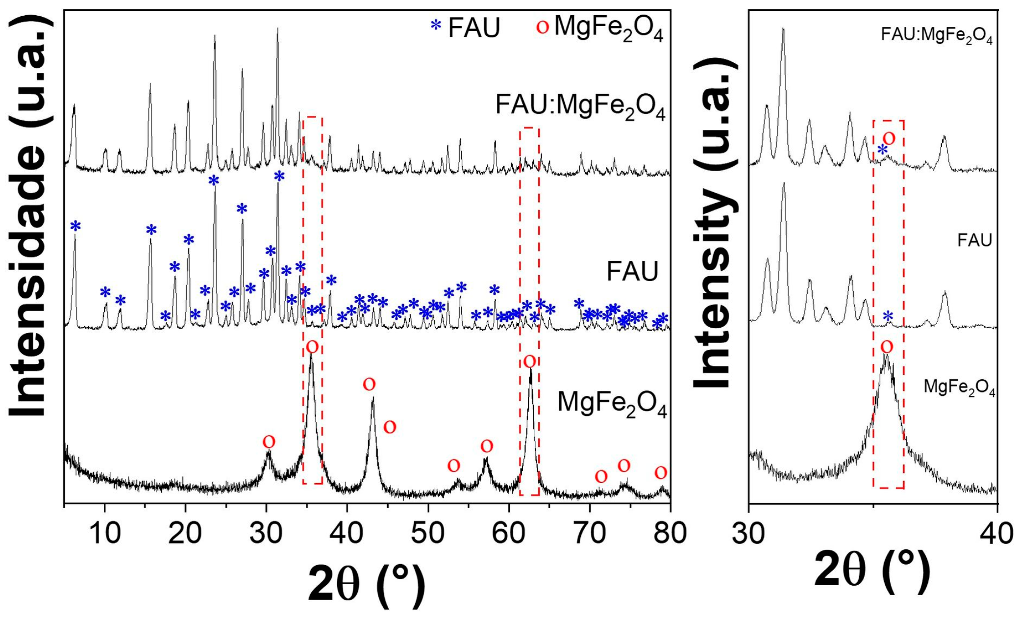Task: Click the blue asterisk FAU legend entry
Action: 466,27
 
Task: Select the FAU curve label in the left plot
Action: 632,271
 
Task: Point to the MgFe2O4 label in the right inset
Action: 959,387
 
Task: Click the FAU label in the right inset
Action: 974,240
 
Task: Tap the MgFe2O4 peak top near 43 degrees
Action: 373,399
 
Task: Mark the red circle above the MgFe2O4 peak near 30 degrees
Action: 269,442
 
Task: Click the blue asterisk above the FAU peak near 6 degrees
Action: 75,226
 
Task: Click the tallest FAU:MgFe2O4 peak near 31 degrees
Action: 278,29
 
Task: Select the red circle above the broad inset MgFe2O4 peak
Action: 887,347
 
